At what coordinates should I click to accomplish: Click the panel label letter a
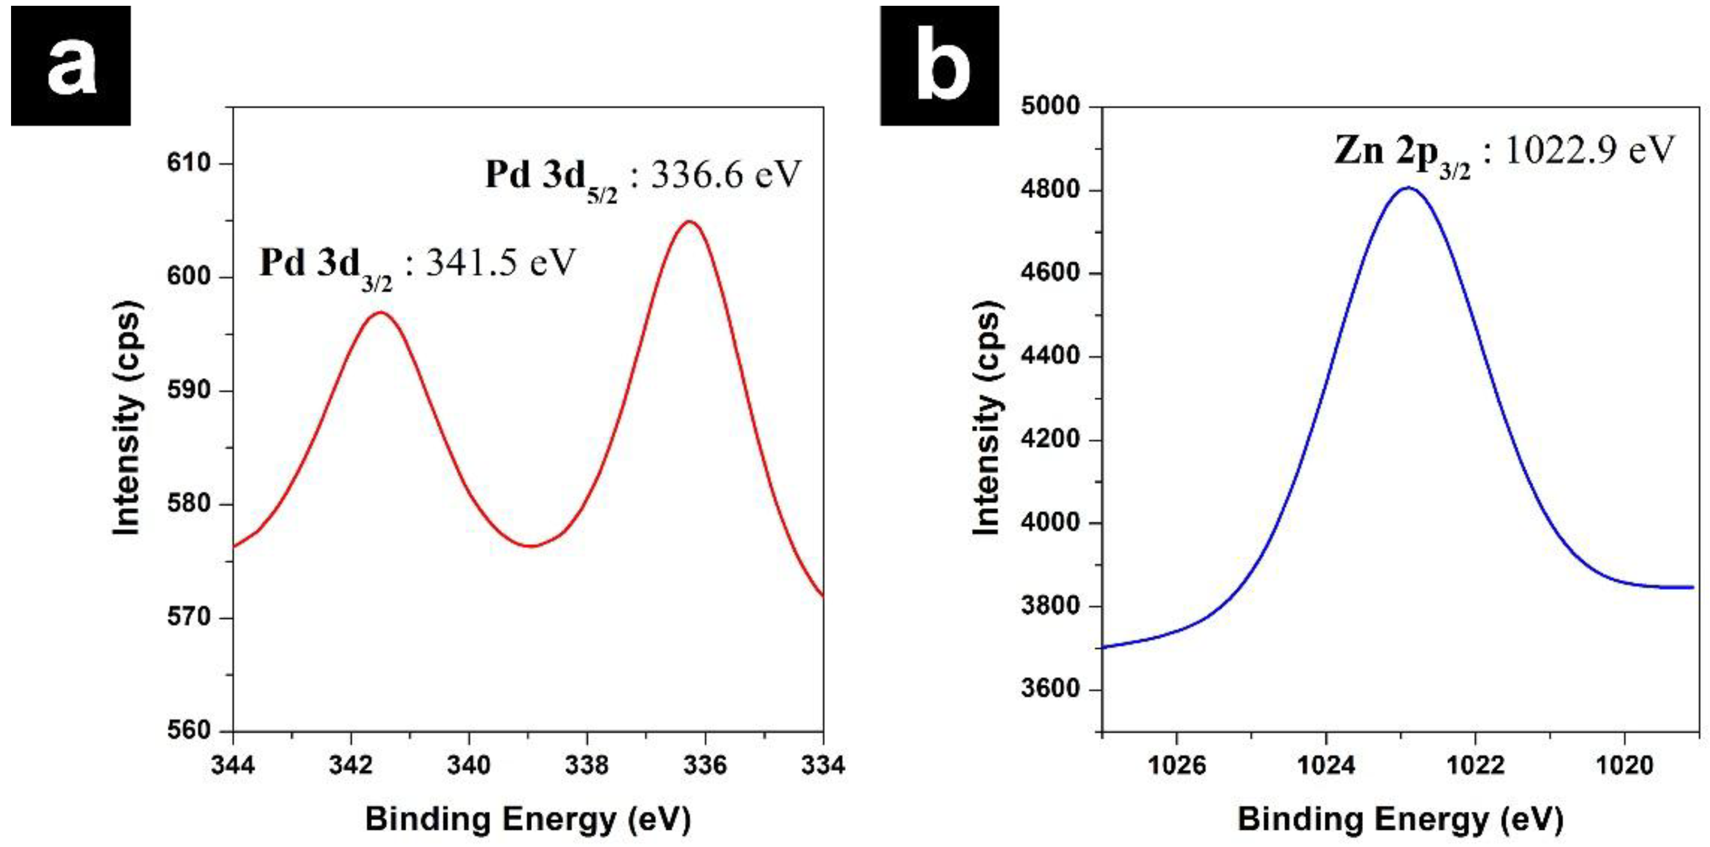70,66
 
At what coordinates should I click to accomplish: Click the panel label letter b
940,66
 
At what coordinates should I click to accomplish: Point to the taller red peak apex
690,222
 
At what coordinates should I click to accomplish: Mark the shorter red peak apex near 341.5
381,312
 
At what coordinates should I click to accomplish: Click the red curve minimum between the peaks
531,546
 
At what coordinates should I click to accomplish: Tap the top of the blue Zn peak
1407,188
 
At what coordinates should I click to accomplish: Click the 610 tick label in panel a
189,164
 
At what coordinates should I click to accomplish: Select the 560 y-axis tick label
189,730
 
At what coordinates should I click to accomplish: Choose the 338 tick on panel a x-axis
587,766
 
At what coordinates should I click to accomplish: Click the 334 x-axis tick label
823,766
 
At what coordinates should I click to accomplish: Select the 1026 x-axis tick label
1176,766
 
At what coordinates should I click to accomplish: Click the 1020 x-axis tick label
1624,766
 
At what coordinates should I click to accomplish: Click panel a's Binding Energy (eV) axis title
528,819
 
